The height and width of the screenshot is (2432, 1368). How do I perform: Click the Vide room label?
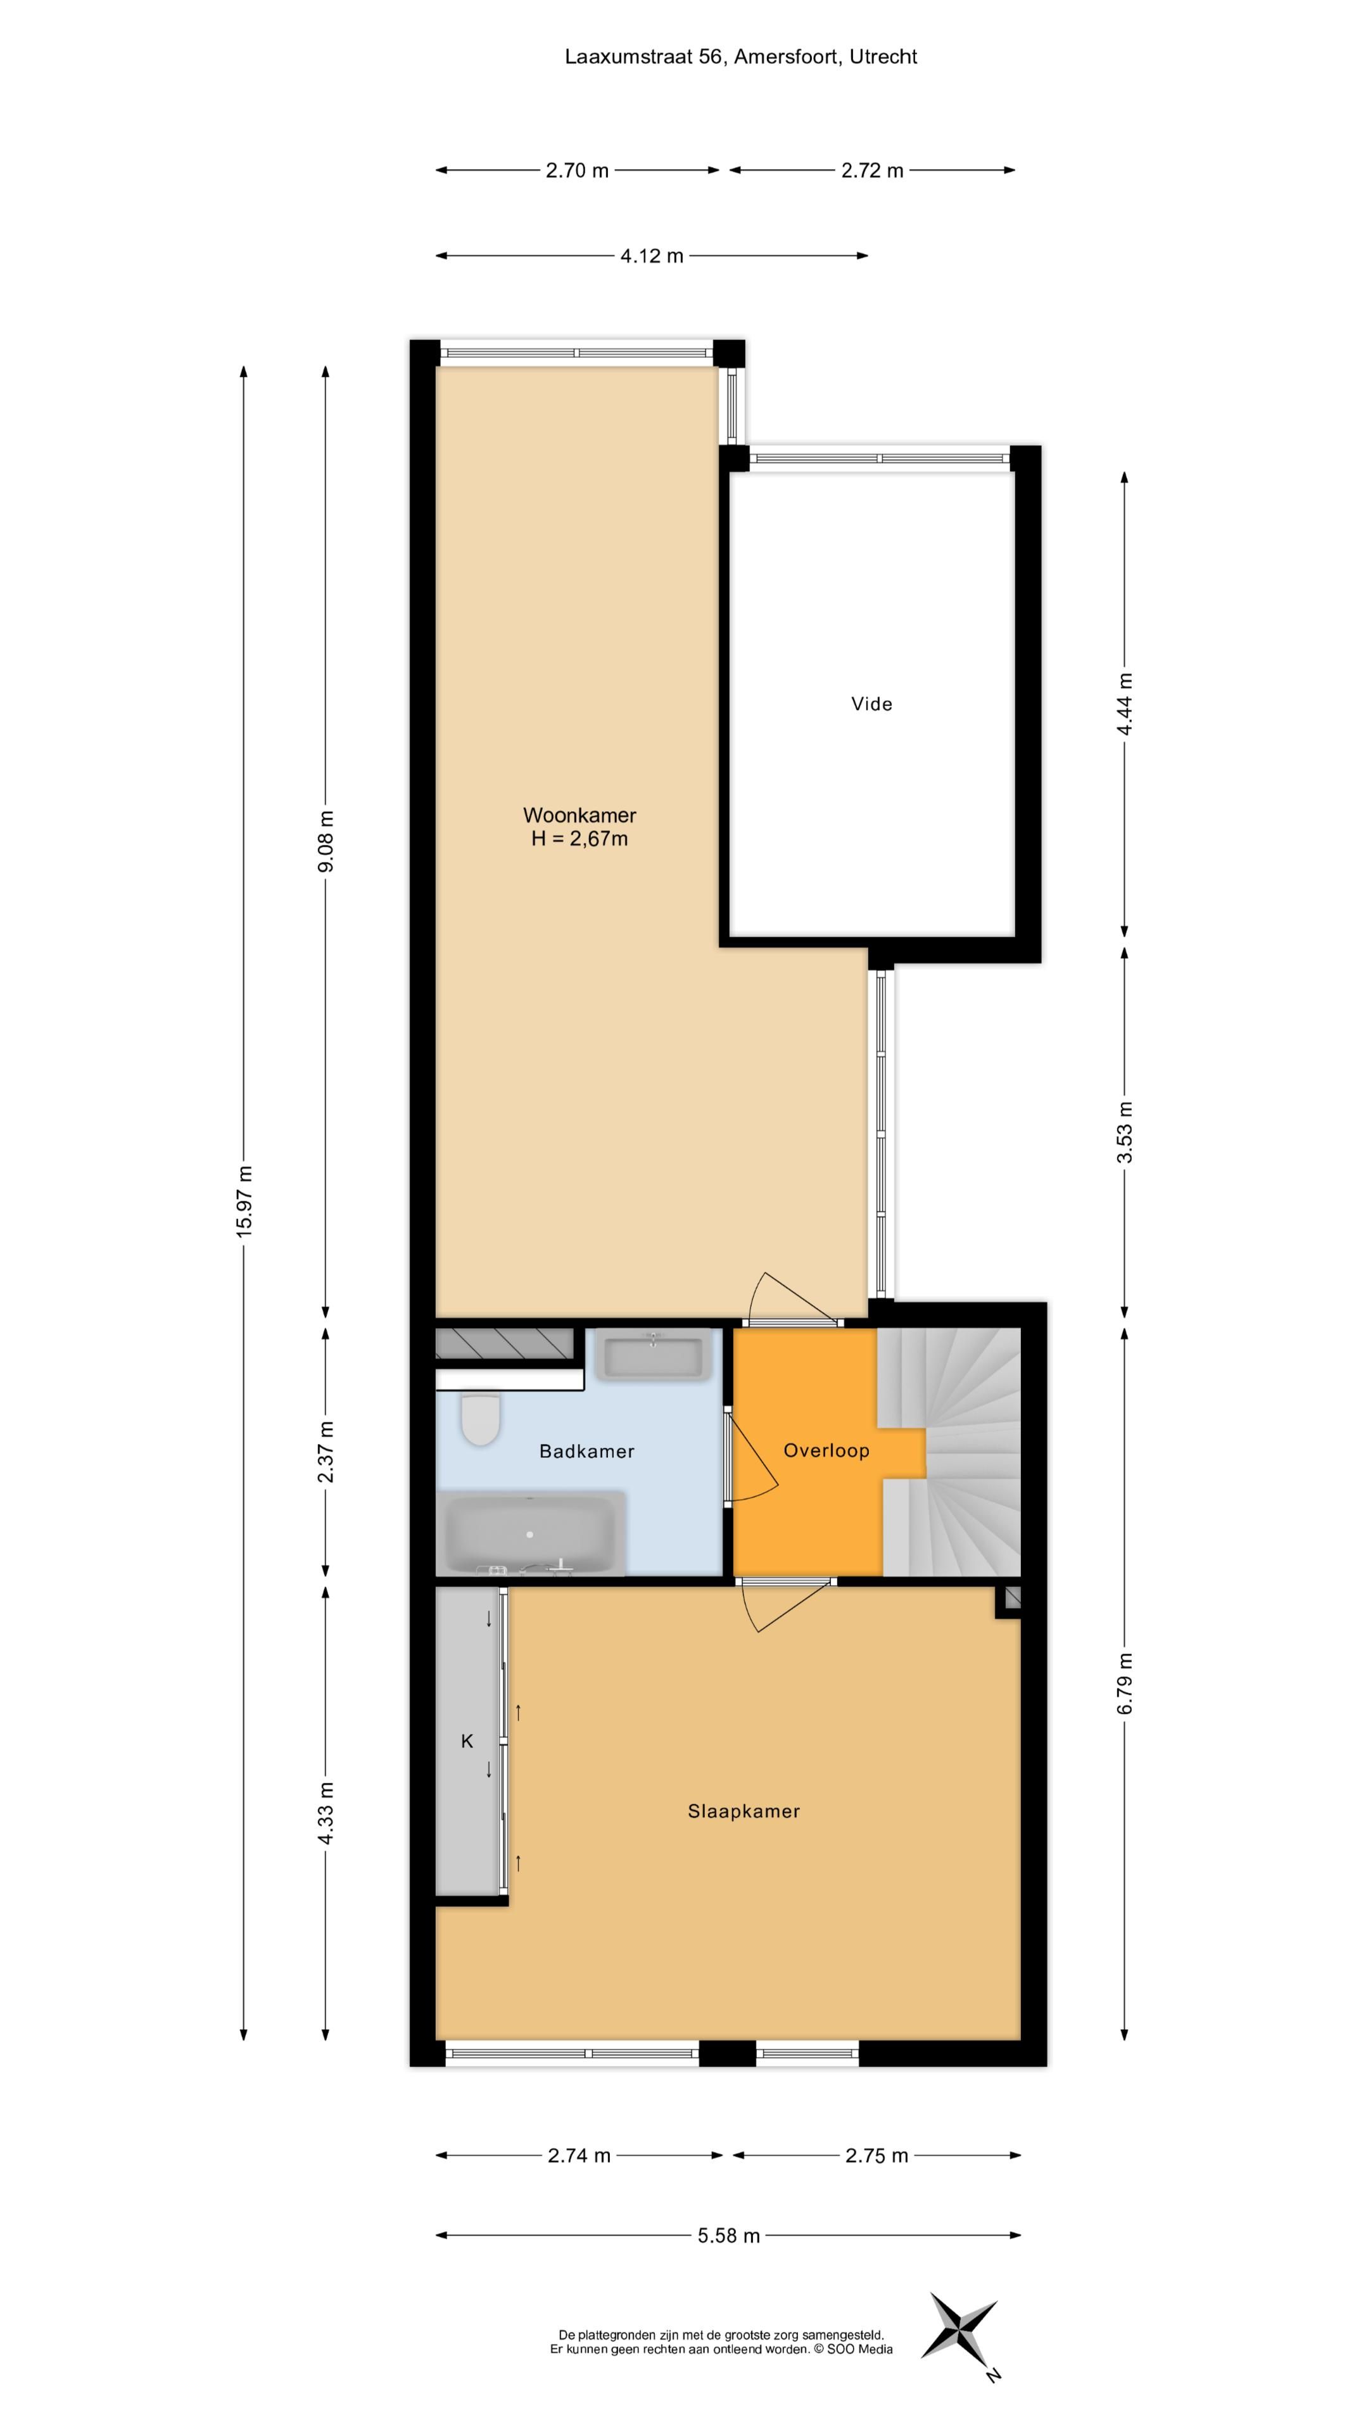870,704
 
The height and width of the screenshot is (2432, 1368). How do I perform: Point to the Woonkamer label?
579,814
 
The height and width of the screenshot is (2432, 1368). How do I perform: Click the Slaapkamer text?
743,1811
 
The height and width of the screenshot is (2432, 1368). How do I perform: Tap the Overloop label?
826,1451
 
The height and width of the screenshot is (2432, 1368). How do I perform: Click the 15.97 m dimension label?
244,1202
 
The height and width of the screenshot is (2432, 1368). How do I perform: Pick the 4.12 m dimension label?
652,256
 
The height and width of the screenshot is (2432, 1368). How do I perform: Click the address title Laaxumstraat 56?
740,56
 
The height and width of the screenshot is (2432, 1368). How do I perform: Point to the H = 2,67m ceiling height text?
579,839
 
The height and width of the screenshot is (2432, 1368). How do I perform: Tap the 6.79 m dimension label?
1124,1683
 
